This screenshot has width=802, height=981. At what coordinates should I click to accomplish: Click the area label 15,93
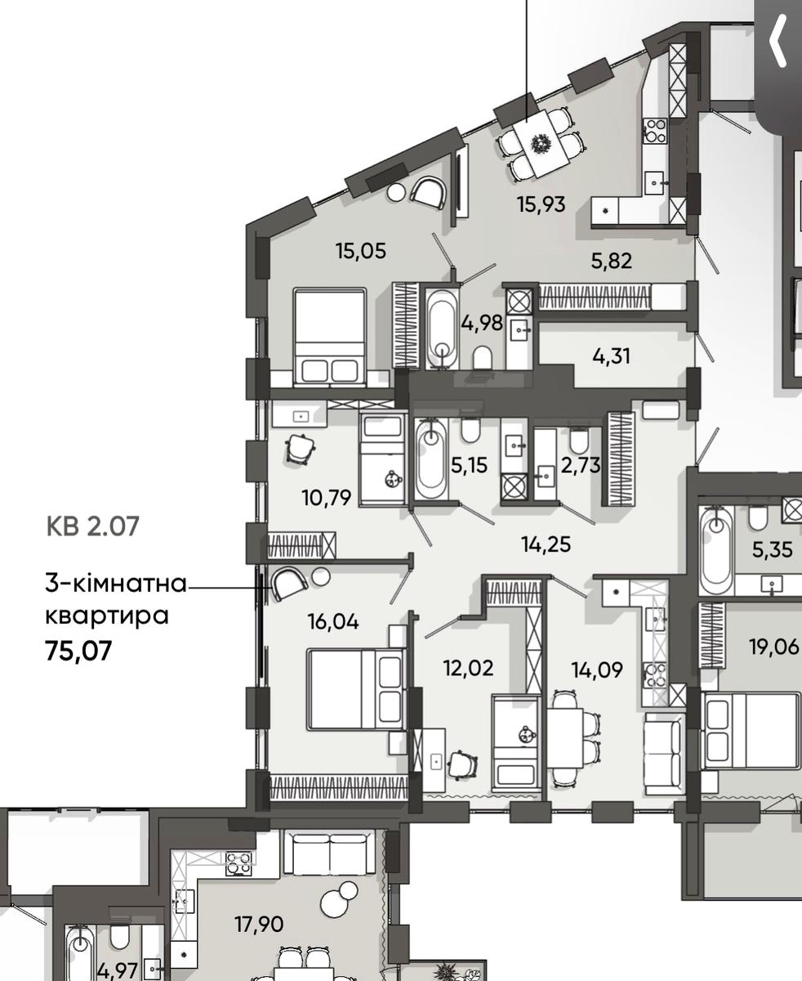(541, 204)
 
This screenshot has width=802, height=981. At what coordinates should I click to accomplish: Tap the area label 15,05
(361, 251)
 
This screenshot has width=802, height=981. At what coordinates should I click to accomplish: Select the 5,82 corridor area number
(612, 261)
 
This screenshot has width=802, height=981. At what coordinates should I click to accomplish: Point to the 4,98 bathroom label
(482, 323)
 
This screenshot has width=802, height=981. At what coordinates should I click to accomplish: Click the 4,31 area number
(612, 356)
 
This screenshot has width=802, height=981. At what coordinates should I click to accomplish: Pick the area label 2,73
(581, 465)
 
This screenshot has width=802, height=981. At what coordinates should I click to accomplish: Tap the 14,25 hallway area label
(546, 544)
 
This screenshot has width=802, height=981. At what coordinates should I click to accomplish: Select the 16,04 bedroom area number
(333, 621)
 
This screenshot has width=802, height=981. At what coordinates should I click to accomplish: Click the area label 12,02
(468, 669)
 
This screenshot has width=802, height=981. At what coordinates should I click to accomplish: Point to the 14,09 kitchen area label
(597, 670)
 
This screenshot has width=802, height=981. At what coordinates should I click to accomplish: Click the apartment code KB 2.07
(93, 526)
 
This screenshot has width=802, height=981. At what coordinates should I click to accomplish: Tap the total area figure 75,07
(78, 650)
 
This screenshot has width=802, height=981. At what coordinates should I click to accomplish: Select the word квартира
(107, 616)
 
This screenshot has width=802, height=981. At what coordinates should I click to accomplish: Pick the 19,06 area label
(774, 647)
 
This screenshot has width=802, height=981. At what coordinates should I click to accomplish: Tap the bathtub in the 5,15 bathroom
(432, 459)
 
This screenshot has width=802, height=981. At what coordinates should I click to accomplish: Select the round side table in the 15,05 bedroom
(397, 191)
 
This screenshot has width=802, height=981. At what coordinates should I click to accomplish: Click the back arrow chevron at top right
(777, 41)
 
